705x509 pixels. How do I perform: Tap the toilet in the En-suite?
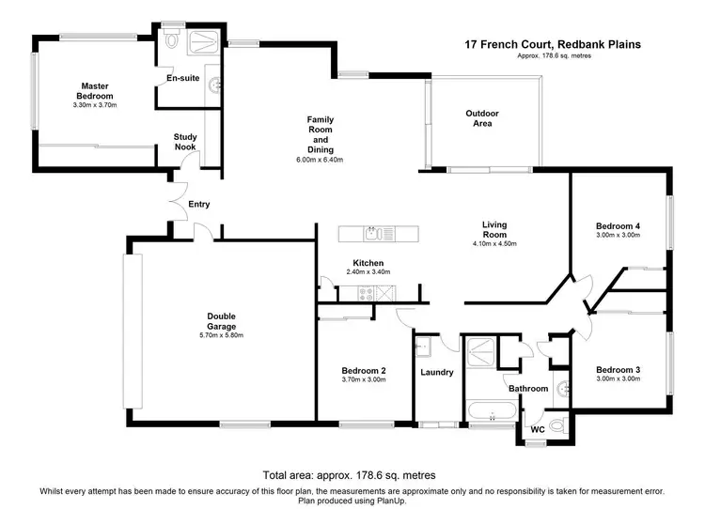tap(171, 41)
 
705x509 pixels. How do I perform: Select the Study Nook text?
tap(185, 142)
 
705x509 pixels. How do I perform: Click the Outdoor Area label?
tap(482, 118)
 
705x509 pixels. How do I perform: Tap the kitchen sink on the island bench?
tap(373, 230)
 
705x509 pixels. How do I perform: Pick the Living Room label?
tap(494, 229)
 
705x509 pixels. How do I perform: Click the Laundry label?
tap(437, 373)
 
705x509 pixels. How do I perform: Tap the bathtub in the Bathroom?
tap(490, 410)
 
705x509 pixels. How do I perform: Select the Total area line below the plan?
tap(351, 475)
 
